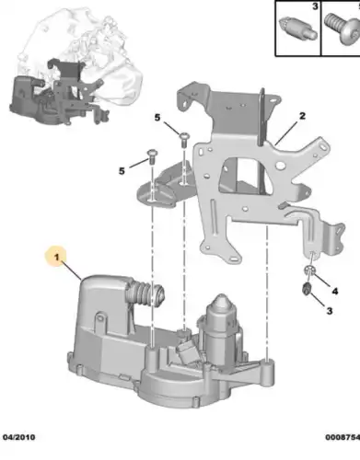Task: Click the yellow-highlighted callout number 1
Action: click(55, 259)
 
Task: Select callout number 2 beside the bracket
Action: click(300, 117)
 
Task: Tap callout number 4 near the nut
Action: click(334, 291)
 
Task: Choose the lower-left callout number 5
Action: click(120, 170)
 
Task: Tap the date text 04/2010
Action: click(19, 451)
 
